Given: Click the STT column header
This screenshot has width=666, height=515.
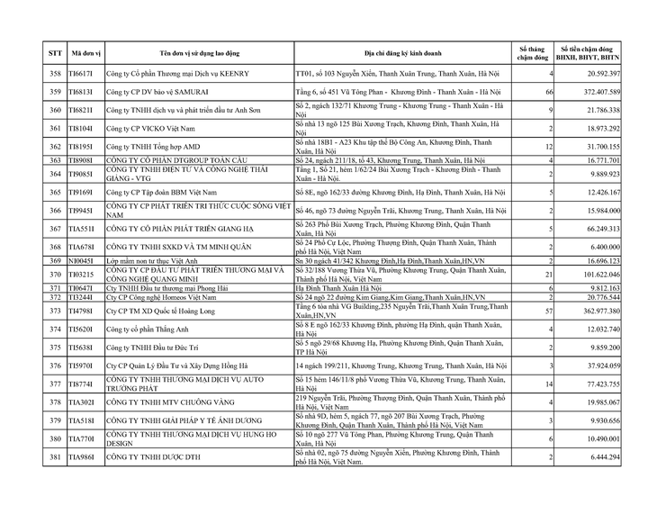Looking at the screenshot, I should [55, 52].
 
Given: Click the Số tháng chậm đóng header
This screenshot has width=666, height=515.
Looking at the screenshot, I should [533, 52].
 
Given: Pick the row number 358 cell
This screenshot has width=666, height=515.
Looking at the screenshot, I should [55, 74].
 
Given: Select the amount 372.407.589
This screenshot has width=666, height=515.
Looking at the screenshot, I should [596, 93].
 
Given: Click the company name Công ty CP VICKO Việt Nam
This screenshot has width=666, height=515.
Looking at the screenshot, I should [153, 128].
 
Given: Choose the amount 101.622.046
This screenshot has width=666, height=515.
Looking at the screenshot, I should [596, 274].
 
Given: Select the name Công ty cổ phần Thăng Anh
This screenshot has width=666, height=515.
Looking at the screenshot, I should [151, 330].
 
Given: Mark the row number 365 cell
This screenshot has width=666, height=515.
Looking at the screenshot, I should [55, 193].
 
